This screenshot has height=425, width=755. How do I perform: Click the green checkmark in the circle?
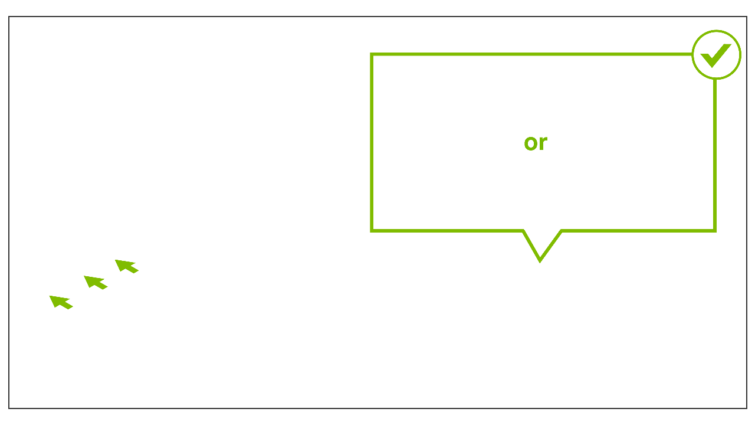(x=715, y=54)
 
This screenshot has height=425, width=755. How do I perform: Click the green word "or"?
(x=536, y=143)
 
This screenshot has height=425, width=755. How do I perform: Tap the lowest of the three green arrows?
(x=60, y=302)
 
